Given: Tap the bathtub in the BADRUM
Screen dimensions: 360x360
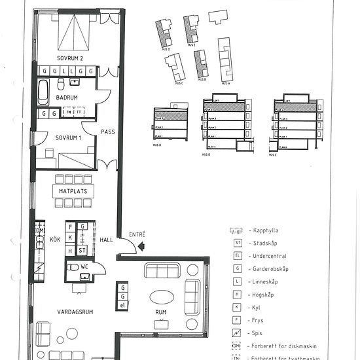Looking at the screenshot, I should click(x=43, y=92).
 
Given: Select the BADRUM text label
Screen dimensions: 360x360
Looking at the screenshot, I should click(x=67, y=98).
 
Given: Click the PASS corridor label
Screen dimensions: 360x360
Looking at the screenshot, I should click(x=107, y=132).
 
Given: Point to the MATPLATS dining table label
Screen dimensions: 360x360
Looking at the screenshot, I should click(x=73, y=191).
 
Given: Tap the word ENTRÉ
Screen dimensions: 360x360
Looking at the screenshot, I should click(x=137, y=234).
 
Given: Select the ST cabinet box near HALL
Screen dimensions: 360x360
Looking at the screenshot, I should click(x=82, y=250).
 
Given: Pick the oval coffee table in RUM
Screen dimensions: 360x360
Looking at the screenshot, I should click(x=162, y=297).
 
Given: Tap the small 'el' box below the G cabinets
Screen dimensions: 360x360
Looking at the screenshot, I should click(x=122, y=304).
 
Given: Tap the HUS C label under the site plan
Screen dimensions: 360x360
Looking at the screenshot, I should click(x=179, y=83).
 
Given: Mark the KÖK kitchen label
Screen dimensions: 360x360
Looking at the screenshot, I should click(x=55, y=240).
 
